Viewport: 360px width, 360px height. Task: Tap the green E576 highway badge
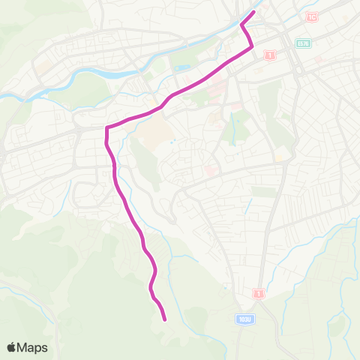(x=303, y=43)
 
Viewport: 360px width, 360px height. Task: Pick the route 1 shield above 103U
(x=259, y=292)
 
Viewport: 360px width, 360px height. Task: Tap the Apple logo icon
(x=11, y=347)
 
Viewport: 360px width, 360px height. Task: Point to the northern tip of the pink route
(x=254, y=11)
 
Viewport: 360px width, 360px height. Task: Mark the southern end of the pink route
(x=164, y=319)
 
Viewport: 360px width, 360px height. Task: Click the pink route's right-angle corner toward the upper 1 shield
(x=252, y=47)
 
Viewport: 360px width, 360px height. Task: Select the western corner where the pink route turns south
(x=107, y=128)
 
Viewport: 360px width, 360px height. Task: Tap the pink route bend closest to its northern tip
(x=242, y=26)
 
